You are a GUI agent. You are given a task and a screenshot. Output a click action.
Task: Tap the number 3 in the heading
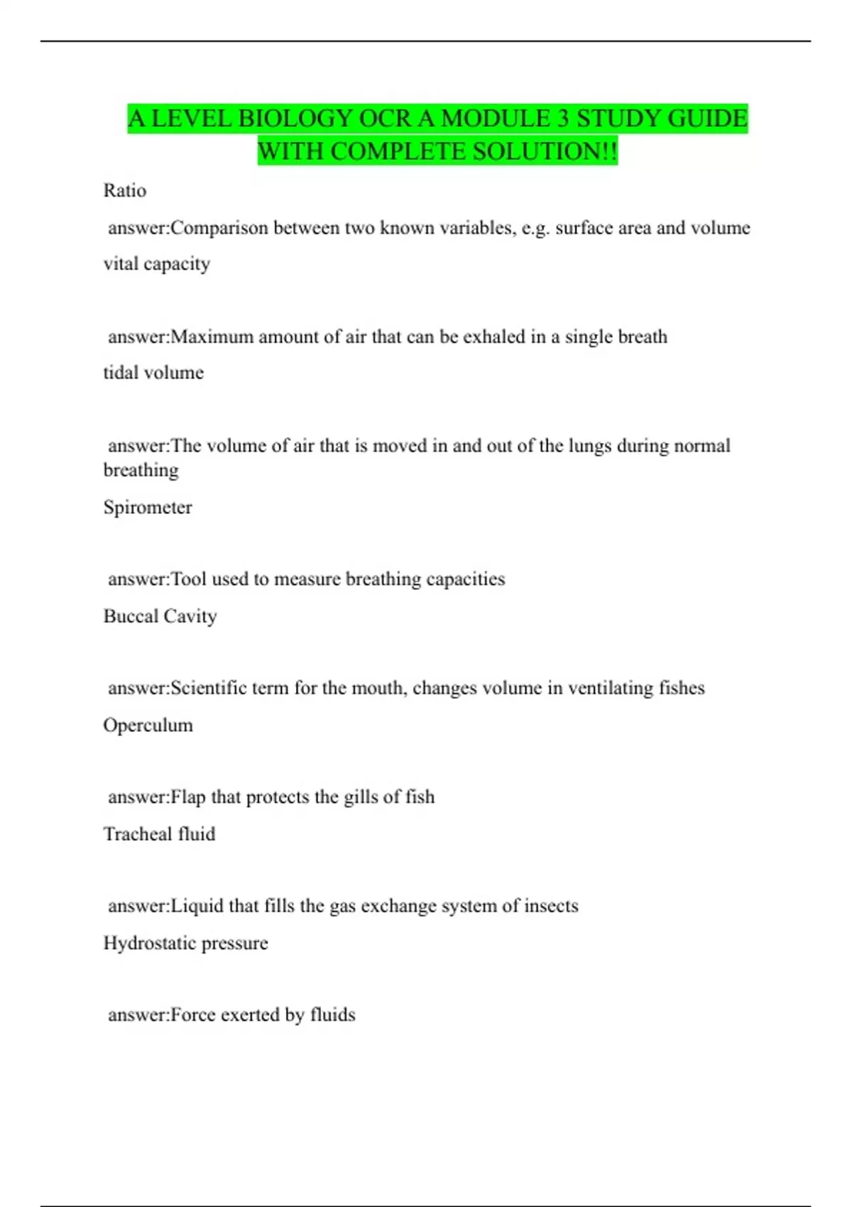(562, 119)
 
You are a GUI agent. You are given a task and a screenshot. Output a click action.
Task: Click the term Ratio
(125, 190)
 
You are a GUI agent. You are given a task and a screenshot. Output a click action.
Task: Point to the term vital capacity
(157, 263)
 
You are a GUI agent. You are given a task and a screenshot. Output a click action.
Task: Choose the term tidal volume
(153, 372)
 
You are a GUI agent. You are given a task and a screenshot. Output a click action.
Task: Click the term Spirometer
(148, 507)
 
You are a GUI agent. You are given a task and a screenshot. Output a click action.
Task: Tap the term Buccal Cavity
(160, 616)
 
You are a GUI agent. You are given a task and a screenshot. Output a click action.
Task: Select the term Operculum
(148, 725)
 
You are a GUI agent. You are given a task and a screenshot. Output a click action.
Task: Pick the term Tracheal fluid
(160, 834)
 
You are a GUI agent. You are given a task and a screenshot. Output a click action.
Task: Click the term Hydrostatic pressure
(186, 943)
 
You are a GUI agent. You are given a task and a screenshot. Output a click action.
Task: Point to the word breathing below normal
(141, 470)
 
